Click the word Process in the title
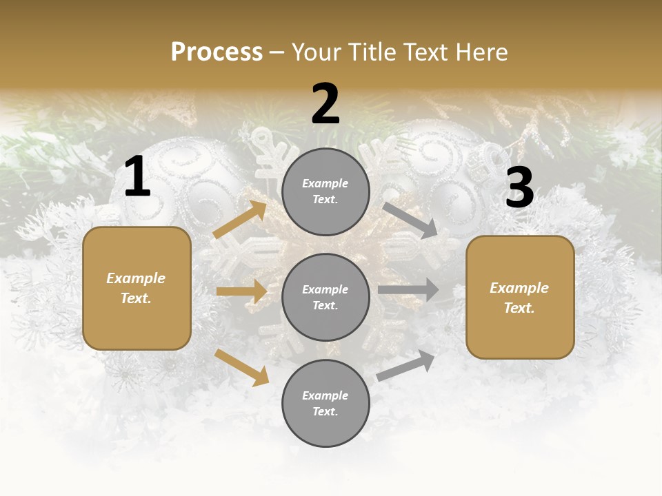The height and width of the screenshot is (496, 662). [217, 52]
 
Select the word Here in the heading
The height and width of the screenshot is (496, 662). [481, 52]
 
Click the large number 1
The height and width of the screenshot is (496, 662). [137, 177]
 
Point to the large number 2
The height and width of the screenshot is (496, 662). [325, 104]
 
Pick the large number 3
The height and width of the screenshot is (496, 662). [519, 188]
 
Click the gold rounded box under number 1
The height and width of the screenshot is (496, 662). [137, 288]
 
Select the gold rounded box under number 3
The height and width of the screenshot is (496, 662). [520, 297]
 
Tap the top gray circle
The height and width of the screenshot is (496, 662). [325, 192]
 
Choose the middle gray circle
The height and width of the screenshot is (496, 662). [325, 297]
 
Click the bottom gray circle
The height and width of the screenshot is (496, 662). [325, 403]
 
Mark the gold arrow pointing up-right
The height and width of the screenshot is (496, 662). [240, 220]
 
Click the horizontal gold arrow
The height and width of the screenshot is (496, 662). [241, 291]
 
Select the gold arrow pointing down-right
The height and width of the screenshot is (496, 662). [242, 367]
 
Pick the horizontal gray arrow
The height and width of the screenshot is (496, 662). [408, 289]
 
